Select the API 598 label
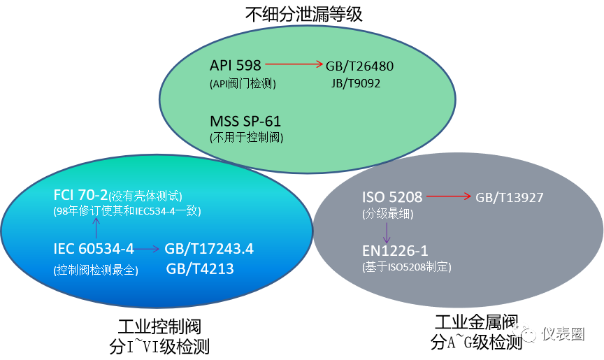coord(235,65)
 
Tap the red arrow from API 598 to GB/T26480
coord(294,65)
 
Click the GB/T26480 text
coord(359,66)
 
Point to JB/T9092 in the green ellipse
coord(356,83)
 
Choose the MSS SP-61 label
coord(245,120)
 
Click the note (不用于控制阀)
coord(247,137)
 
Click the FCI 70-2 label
coord(81,195)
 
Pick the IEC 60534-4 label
coord(93,249)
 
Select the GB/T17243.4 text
coord(209,250)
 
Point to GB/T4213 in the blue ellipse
coord(199,269)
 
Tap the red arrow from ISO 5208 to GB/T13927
coord(448,196)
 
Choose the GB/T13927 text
coord(510,198)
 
